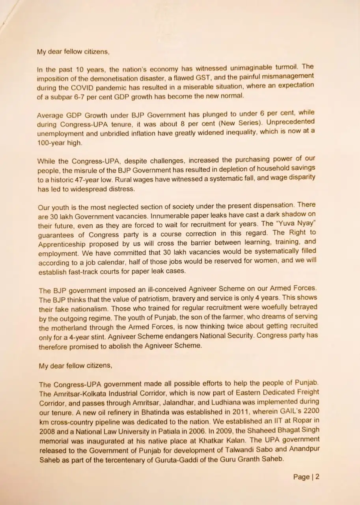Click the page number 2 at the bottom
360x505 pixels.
(317, 477)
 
